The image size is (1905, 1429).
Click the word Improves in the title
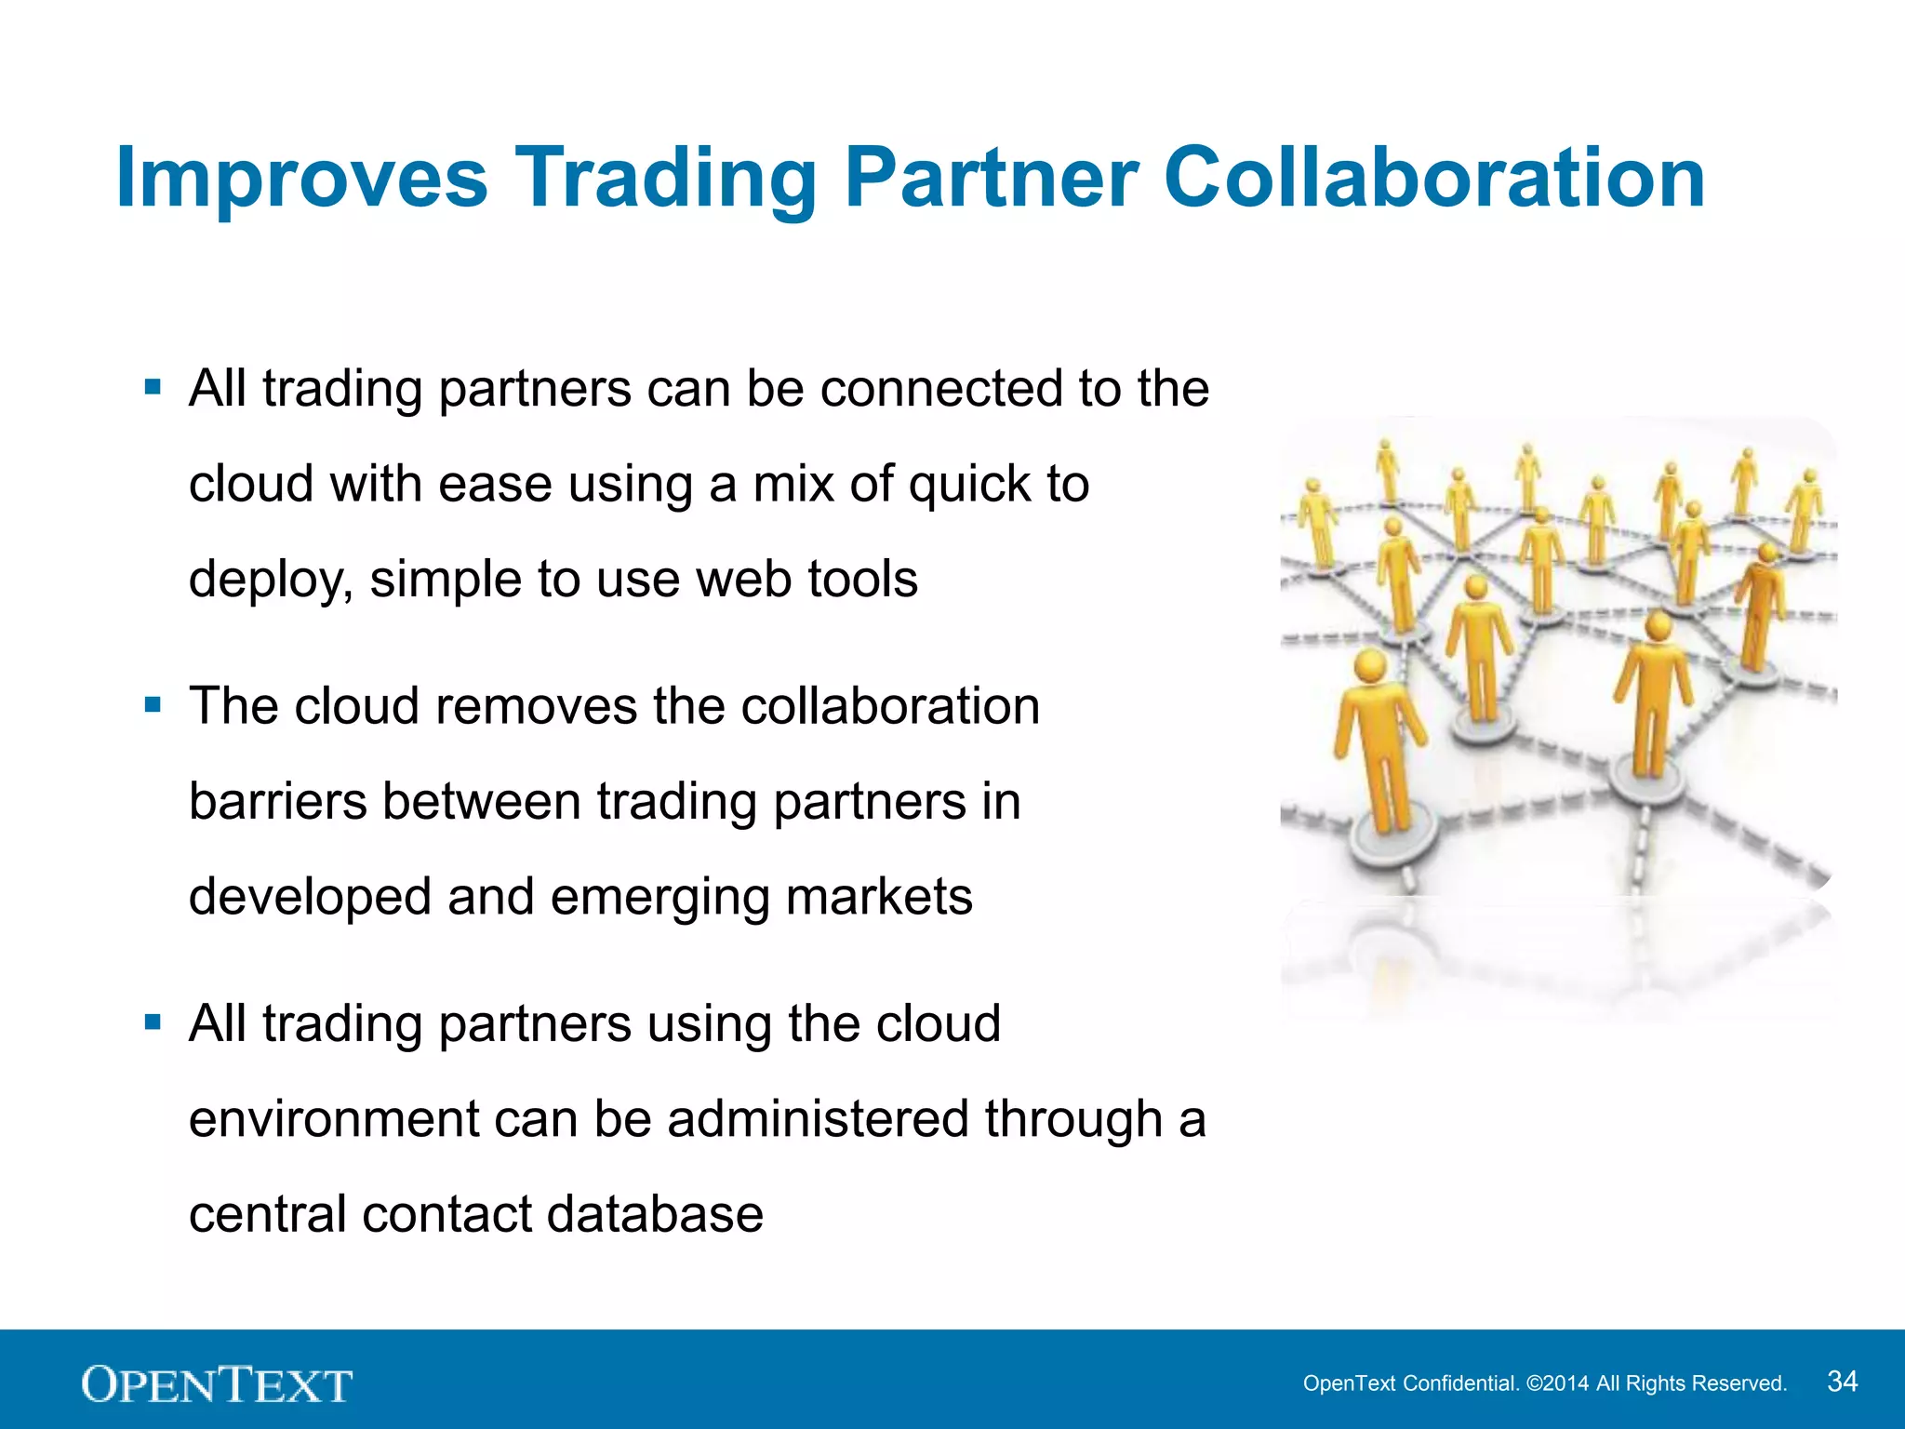(x=301, y=179)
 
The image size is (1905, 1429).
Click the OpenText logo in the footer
(x=217, y=1383)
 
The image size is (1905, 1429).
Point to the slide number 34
(x=1842, y=1382)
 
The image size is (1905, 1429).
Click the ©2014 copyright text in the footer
(x=1558, y=1383)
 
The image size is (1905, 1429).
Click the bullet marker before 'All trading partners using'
(x=153, y=1023)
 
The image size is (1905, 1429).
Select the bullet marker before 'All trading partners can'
(x=153, y=387)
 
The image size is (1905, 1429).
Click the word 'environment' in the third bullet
(x=334, y=1119)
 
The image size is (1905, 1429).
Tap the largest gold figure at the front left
(x=1379, y=744)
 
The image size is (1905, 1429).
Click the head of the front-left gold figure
(x=1371, y=667)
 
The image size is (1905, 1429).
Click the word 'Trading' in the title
(x=666, y=179)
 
